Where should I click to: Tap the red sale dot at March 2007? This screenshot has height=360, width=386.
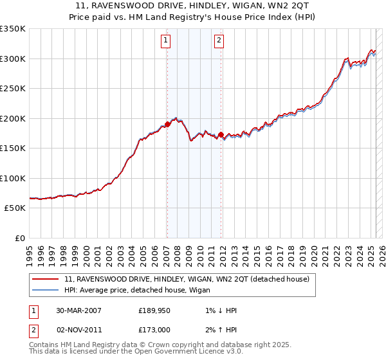coord(167,124)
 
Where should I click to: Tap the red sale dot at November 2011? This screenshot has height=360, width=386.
coord(221,134)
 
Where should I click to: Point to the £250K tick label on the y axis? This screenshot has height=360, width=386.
coord(13,88)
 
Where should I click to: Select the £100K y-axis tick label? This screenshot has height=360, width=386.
coord(13,178)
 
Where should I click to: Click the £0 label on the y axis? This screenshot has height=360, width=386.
coord(21,238)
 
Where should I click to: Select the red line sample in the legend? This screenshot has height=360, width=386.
coord(46,279)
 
